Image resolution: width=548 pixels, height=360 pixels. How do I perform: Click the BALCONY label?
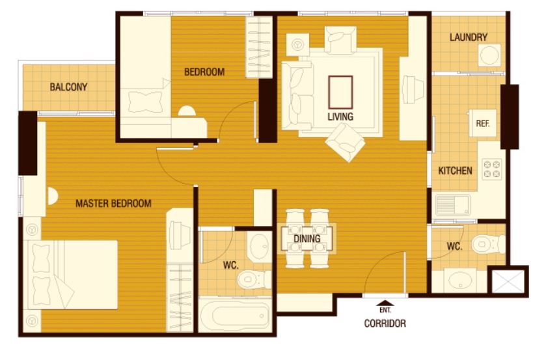click(68, 87)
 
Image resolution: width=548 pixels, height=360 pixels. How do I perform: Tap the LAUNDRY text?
click(469, 37)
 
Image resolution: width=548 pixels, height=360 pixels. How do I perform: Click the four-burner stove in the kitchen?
click(492, 169)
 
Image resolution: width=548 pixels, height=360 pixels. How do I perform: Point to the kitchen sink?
click(453, 206)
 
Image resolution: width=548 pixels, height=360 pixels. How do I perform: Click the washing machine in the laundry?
click(489, 55)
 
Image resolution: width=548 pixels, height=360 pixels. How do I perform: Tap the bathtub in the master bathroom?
click(234, 315)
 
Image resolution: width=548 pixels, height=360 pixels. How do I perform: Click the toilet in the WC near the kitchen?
click(488, 244)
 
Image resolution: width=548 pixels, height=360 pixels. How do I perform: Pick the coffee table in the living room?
click(340, 92)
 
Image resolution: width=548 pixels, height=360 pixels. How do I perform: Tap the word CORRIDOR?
click(385, 324)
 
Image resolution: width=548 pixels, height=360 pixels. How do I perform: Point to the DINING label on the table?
click(307, 239)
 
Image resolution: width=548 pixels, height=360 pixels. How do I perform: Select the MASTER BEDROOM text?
click(114, 203)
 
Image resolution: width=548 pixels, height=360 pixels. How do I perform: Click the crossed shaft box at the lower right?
click(508, 281)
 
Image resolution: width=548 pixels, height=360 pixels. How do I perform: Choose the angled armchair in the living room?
click(345, 143)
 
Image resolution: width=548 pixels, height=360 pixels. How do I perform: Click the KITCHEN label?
click(455, 171)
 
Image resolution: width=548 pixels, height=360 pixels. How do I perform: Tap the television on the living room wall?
click(413, 89)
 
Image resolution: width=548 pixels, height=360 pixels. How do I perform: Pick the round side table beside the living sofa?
click(297, 45)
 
